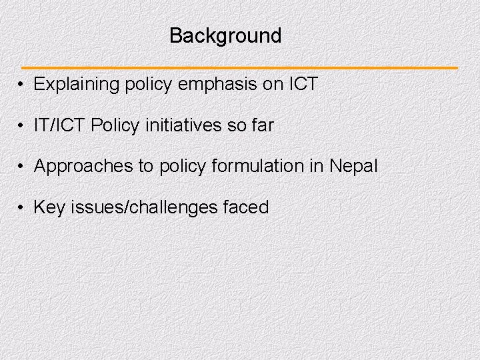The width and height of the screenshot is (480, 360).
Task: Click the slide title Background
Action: pyautogui.click(x=225, y=35)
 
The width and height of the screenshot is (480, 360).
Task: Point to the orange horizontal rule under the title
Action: pyautogui.click(x=240, y=68)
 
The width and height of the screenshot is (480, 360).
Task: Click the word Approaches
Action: pyautogui.click(x=83, y=166)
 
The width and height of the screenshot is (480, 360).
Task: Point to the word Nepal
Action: pyautogui.click(x=353, y=166)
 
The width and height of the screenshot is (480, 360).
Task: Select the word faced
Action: pyautogui.click(x=246, y=207)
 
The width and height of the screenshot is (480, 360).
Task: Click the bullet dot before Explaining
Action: pyautogui.click(x=22, y=85)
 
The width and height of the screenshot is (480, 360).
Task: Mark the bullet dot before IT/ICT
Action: pyautogui.click(x=22, y=126)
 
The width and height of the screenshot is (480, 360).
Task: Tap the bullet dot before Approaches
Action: pyautogui.click(x=22, y=167)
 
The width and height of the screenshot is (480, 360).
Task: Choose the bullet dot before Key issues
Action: pyautogui.click(x=22, y=208)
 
